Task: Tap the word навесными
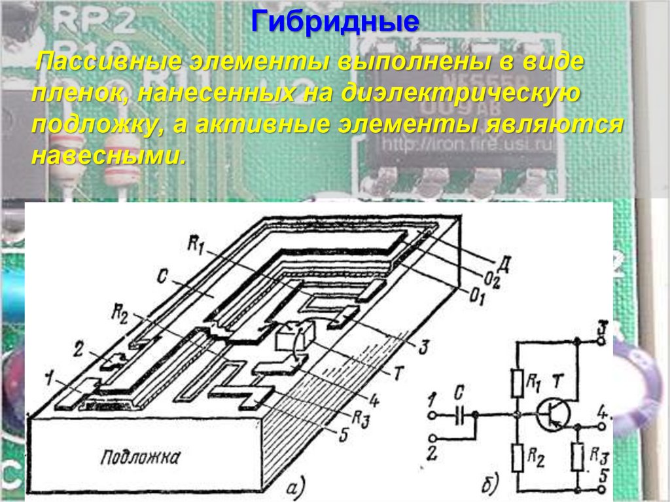point(108,156)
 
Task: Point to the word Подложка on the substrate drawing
point(139,457)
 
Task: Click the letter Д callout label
point(504,264)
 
